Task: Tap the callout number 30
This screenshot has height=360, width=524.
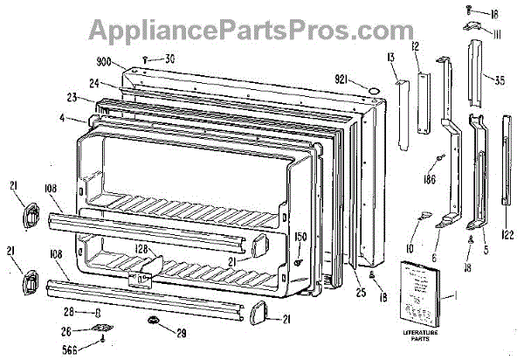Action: (169, 59)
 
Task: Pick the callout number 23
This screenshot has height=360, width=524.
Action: (74, 99)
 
